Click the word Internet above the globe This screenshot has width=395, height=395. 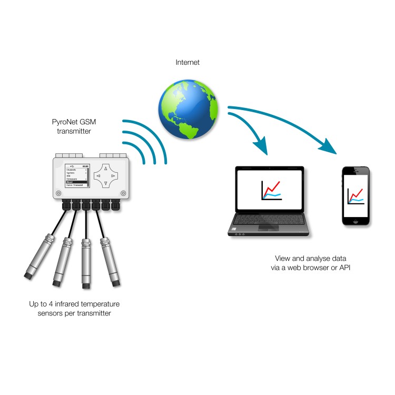coord(187,63)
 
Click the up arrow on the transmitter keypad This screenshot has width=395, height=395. coord(105,169)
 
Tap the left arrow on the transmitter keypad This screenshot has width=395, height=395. coord(98,175)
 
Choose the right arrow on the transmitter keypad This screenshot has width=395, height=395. coord(113,175)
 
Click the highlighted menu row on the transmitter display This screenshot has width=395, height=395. coord(76,182)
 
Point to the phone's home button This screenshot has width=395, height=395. coord(355,222)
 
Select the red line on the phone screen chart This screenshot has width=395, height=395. coord(357,194)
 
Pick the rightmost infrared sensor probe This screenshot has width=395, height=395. coord(111,261)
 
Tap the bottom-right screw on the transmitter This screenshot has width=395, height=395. coord(123,192)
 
